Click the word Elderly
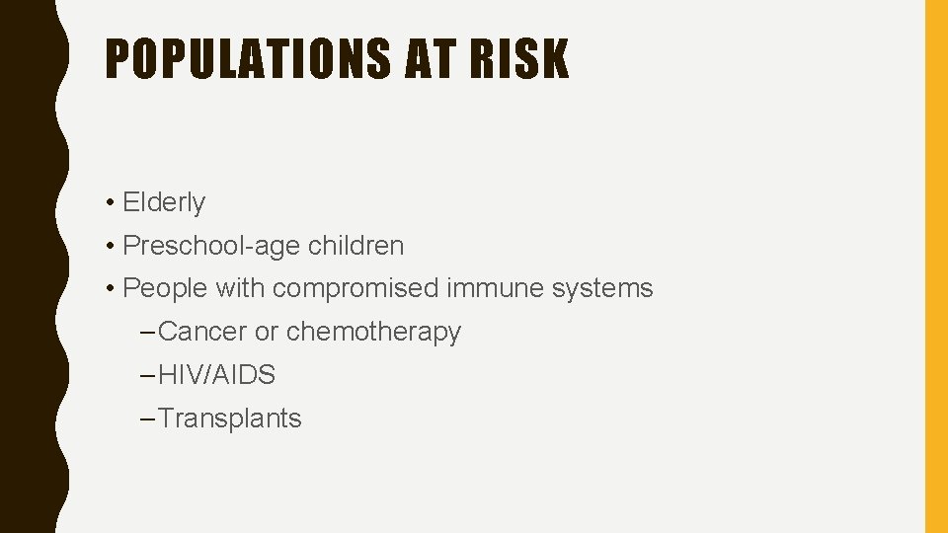tap(164, 202)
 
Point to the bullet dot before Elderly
tap(113, 203)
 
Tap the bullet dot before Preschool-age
tap(113, 247)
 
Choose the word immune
tap(489, 288)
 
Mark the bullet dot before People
tap(113, 289)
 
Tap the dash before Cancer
tap(148, 333)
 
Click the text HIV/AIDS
tap(216, 375)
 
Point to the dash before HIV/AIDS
tap(148, 376)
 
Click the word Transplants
tap(229, 419)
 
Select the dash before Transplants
tap(148, 419)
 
